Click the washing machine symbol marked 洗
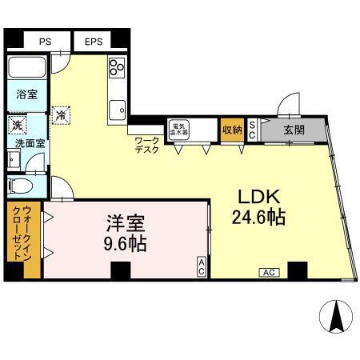[16, 125]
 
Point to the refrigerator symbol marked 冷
[60, 115]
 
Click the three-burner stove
[117, 68]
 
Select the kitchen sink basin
[118, 106]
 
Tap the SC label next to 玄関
[252, 130]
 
